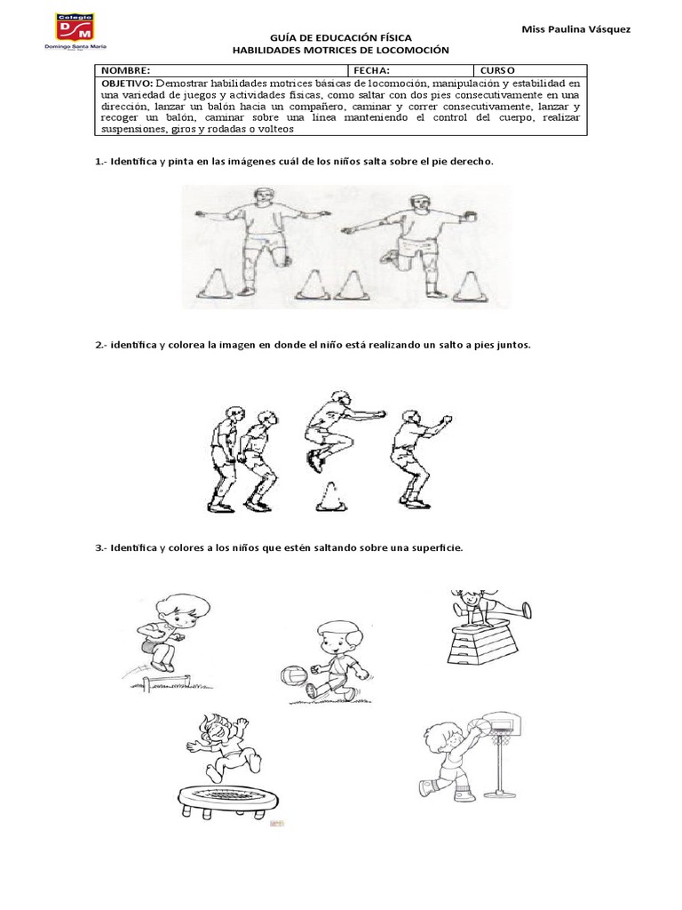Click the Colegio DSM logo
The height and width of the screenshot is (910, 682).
81,34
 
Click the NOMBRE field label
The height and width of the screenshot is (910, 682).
125,68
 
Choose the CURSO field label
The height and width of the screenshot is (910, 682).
498,68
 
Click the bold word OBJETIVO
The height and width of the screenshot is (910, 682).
126,81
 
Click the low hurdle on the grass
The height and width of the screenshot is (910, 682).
166,682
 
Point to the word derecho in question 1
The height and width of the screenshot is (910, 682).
472,163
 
